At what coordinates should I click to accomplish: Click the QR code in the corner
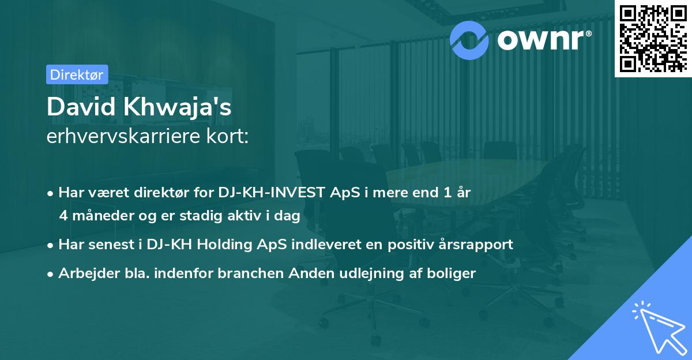(653, 38)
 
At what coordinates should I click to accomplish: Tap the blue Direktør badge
(77, 74)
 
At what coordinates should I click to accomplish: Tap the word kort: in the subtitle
(231, 138)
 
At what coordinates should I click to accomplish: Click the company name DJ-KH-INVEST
(280, 193)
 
